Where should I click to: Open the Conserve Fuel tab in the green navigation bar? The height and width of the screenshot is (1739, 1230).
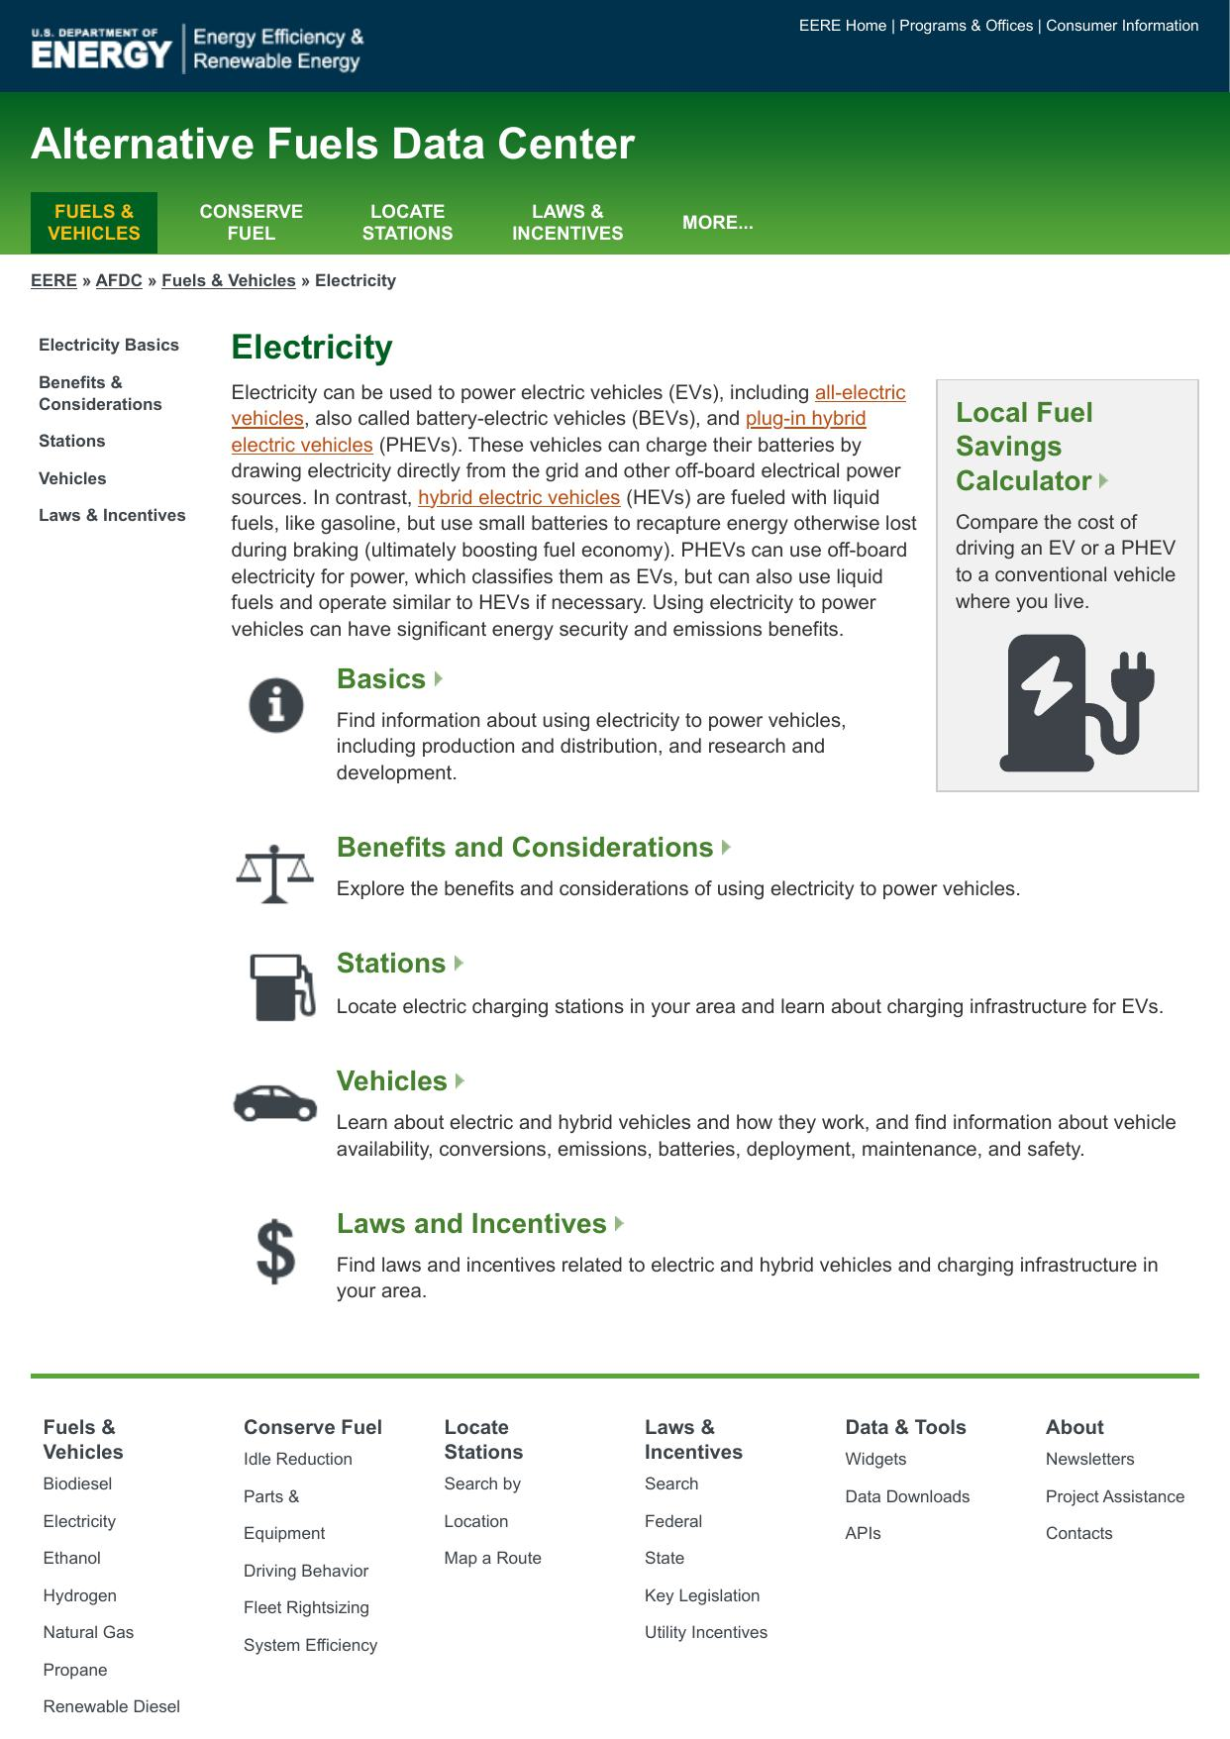tap(251, 223)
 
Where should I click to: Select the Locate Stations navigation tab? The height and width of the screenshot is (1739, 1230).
tap(407, 223)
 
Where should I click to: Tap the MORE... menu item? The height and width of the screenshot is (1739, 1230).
tap(717, 223)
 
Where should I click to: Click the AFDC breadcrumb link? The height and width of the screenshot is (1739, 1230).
tap(119, 280)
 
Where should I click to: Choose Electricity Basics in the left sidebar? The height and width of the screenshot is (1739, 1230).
tap(109, 345)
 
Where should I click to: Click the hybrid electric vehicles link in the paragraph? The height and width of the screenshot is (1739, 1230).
tap(519, 497)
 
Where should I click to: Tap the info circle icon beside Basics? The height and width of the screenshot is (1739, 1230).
tap(275, 705)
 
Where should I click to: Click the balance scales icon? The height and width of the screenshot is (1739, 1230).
tap(274, 873)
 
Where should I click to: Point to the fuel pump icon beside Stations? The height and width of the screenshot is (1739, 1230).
tap(282, 986)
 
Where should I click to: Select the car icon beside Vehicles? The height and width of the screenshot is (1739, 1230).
tap(275, 1102)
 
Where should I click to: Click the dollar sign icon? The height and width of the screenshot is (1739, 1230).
tap(275, 1251)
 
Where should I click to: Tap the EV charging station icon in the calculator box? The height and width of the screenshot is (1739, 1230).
tap(1076, 703)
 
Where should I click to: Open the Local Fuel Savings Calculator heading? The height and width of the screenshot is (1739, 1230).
tap(1025, 447)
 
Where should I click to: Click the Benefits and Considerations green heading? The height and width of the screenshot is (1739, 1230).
tap(525, 848)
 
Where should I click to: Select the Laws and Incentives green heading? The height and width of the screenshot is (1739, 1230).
tap(471, 1224)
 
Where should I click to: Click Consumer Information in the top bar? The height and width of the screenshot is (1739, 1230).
tap(1122, 26)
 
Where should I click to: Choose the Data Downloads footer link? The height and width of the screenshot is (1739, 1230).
tap(907, 1496)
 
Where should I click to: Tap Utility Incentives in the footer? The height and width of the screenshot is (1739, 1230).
tap(706, 1632)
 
